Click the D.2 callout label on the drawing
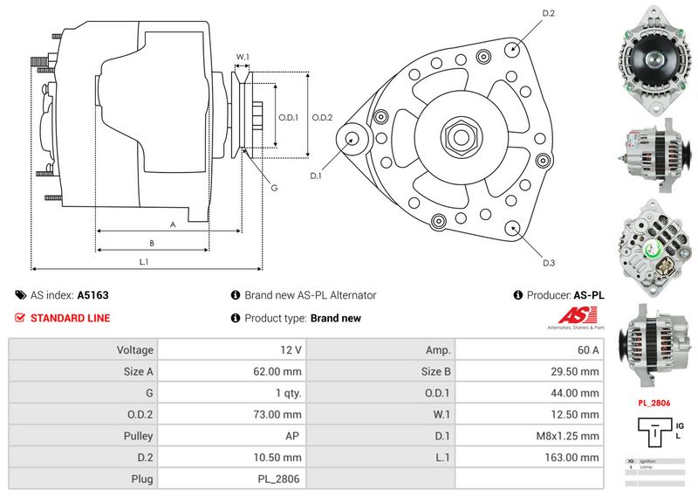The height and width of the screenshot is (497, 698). coord(549,13)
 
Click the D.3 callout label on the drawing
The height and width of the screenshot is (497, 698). coord(549,263)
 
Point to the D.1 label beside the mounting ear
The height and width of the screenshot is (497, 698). coord(316,176)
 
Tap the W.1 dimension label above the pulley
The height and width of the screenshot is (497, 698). coord(243,58)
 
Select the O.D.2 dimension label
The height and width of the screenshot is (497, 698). coord(322,117)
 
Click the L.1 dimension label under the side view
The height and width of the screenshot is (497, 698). coord(144,261)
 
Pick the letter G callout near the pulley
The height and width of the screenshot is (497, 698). coord(273,188)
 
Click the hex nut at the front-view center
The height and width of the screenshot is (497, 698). coord(459,136)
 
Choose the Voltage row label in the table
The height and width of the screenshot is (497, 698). coord(134,349)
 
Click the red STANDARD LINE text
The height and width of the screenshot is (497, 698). coord(70,318)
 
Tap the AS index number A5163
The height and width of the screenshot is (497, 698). coord(93,295)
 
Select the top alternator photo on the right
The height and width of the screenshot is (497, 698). coord(652,59)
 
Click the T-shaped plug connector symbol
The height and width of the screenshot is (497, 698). coord(650,432)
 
